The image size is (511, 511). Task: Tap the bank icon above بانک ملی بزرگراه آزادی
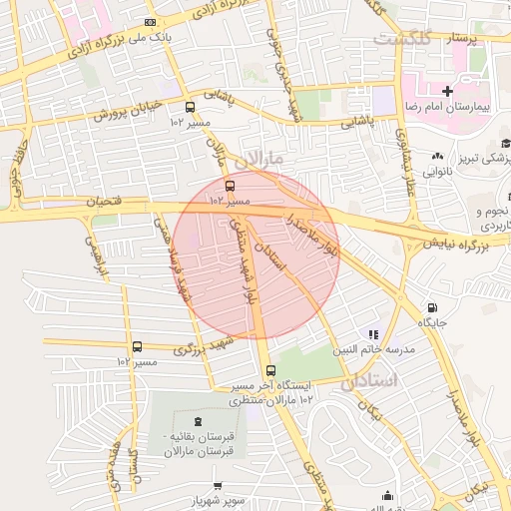(150, 22)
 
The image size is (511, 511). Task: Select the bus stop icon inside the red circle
(231, 186)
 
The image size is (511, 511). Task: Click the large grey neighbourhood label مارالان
(262, 159)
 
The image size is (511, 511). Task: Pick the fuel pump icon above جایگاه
(431, 308)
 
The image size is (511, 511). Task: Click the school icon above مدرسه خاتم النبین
(372, 335)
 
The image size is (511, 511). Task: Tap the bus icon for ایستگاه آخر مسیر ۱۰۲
(270, 371)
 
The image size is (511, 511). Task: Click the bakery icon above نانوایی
(438, 156)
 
